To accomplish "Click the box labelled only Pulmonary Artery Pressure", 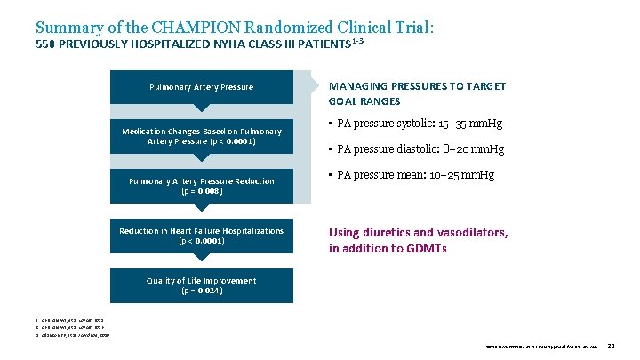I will pyautogui.click(x=201, y=87).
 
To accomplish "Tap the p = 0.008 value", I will pyautogui.click(x=202, y=190).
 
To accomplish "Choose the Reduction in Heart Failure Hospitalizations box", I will pyautogui.click(x=201, y=236).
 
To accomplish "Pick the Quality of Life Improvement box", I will pyautogui.click(x=201, y=285).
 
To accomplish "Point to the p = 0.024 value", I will pyautogui.click(x=202, y=291).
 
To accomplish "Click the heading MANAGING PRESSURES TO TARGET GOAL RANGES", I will pyautogui.click(x=417, y=93).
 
